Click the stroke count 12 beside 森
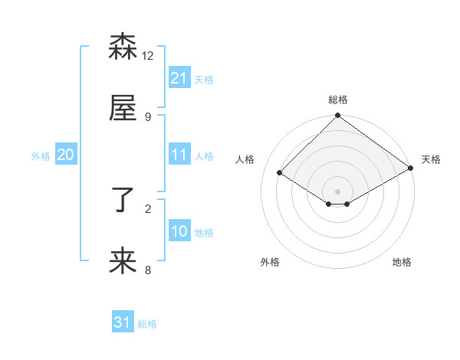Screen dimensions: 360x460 [148, 55]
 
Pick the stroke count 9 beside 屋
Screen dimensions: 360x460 [148, 116]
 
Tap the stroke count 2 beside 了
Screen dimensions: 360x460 [148, 208]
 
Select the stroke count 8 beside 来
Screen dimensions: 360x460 [148, 270]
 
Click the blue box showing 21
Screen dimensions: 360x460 [179, 77]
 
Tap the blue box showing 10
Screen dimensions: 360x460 [179, 231]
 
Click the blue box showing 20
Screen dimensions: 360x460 [66, 155]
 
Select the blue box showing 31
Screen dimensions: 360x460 [123, 322]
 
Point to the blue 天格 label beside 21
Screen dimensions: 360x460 [204, 79]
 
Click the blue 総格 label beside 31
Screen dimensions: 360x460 [147, 324]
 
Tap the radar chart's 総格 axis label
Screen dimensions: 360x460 [338, 100]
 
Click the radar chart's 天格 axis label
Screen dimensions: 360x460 [432, 159]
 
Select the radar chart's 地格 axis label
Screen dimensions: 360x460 [402, 262]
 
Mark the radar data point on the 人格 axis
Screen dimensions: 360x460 [280, 173]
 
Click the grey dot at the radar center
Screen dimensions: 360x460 [338, 191]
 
